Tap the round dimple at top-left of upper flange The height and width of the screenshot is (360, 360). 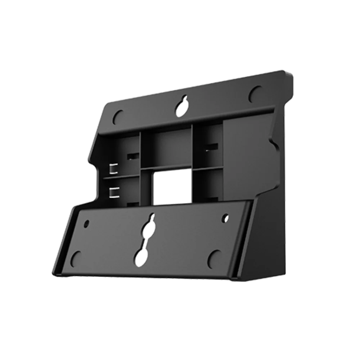click(x=118, y=116)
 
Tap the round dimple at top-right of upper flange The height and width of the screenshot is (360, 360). click(x=256, y=93)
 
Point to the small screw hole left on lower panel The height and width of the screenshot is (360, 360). click(x=86, y=224)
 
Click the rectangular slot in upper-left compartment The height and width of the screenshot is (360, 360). click(x=132, y=156)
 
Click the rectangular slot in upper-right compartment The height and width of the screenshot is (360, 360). click(x=211, y=147)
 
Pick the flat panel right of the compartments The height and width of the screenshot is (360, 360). click(x=239, y=158)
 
